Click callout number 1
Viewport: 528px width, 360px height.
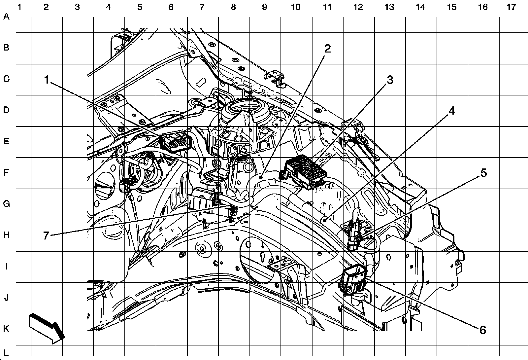(47, 80)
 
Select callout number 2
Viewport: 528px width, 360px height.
(327, 49)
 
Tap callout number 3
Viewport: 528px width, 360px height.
(390, 80)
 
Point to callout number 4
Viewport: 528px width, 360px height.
(452, 111)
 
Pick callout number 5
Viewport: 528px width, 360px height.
(483, 173)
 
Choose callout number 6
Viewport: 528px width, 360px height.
(482, 329)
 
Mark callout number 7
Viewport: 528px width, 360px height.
(46, 235)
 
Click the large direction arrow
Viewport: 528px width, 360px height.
(47, 327)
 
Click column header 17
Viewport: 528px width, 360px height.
(511, 7)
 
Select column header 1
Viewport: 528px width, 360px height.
(19, 7)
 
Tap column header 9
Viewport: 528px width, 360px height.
(265, 7)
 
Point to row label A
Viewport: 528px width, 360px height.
(6, 16)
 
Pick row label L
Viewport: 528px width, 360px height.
(6, 353)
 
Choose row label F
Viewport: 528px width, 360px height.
(6, 172)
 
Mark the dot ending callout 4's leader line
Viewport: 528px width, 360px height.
(325, 219)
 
